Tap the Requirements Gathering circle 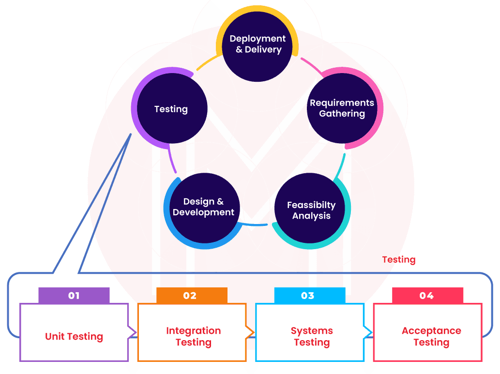[342, 108]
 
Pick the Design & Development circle [203, 207]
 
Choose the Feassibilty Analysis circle [311, 210]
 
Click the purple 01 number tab [74, 295]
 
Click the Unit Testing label [74, 337]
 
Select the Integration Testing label [193, 337]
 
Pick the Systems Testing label [312, 337]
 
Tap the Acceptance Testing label [431, 337]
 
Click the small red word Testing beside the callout [399, 260]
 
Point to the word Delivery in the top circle [263, 50]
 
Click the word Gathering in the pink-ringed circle [342, 114]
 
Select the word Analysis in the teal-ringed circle [311, 216]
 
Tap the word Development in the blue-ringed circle [203, 212]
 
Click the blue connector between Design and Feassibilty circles [256, 224]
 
